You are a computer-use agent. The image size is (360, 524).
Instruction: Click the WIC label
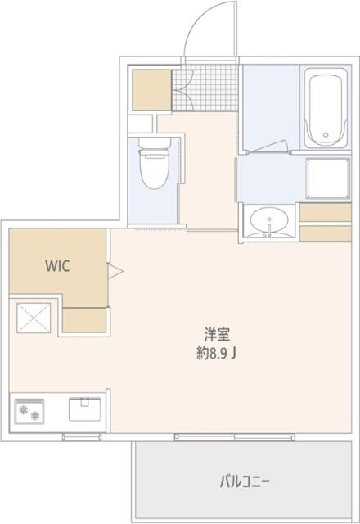58,266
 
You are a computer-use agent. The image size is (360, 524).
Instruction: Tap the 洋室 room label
218,335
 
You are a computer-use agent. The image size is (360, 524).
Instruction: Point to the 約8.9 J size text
216,353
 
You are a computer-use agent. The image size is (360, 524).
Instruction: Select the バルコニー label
245,482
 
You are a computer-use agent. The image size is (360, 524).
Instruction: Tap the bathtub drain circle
326,135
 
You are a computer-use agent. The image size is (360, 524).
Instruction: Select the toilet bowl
155,169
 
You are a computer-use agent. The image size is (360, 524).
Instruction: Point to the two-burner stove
29,411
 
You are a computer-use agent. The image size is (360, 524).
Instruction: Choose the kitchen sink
85,409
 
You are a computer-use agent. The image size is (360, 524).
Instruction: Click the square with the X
34,318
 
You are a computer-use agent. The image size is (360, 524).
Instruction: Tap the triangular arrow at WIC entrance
115,271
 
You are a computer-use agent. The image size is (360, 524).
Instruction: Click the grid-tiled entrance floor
205,88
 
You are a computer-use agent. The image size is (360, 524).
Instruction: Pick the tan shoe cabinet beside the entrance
151,89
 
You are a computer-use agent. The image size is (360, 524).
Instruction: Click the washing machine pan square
329,178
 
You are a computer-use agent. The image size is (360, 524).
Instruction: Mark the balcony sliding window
235,436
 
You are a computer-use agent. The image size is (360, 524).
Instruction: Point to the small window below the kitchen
82,437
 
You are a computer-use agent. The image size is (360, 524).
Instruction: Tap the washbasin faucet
269,228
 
